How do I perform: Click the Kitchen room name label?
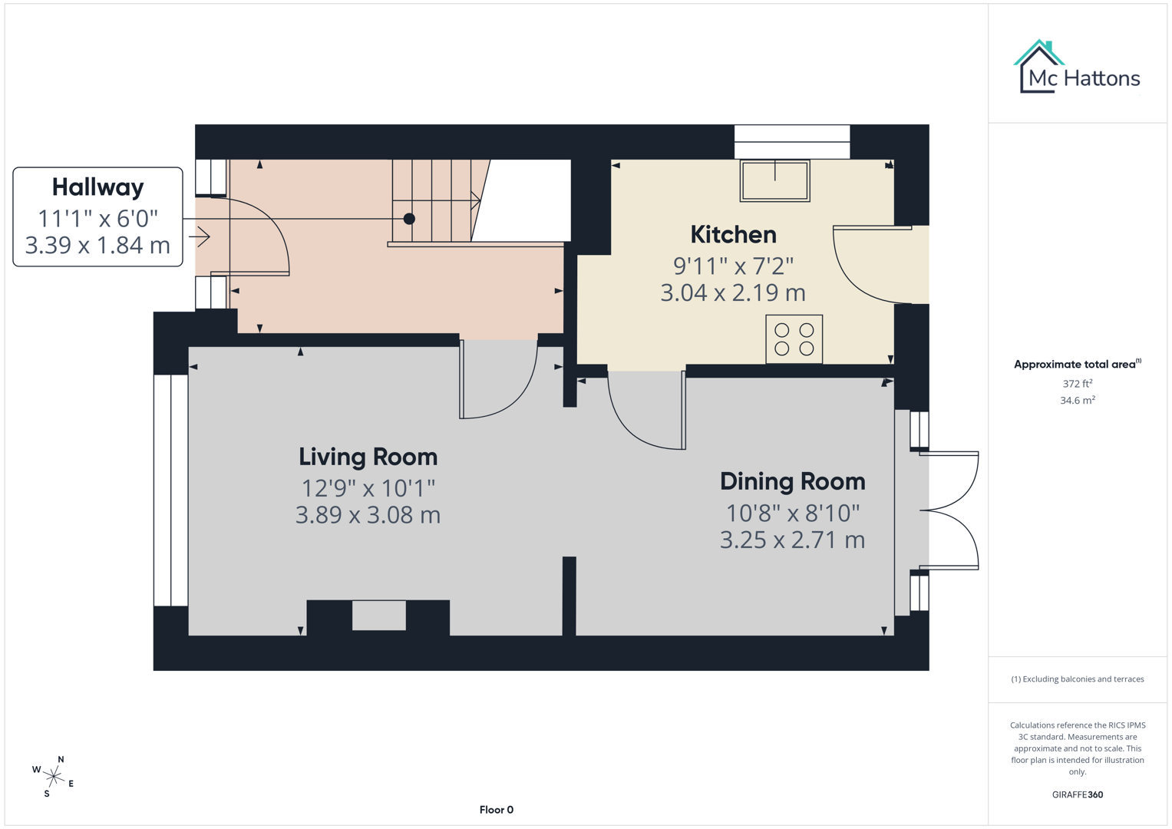pos(733,234)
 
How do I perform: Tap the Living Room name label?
pos(368,457)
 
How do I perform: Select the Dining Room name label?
pos(792,481)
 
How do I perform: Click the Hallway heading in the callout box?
pos(97,187)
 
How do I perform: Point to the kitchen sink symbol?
pos(774,180)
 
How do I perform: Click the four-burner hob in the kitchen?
pos(794,339)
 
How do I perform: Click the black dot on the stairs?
pos(409,219)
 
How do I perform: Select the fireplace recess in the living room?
pos(378,616)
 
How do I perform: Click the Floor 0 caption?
pos(496,810)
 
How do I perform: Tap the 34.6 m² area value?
pos(1077,400)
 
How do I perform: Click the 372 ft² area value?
pos(1077,383)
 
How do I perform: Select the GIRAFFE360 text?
pos(1077,794)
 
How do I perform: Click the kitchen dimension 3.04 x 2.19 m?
pos(733,292)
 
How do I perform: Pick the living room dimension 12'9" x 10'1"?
pos(368,488)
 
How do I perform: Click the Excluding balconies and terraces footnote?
pos(1077,679)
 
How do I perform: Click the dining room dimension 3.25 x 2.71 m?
pos(792,540)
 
